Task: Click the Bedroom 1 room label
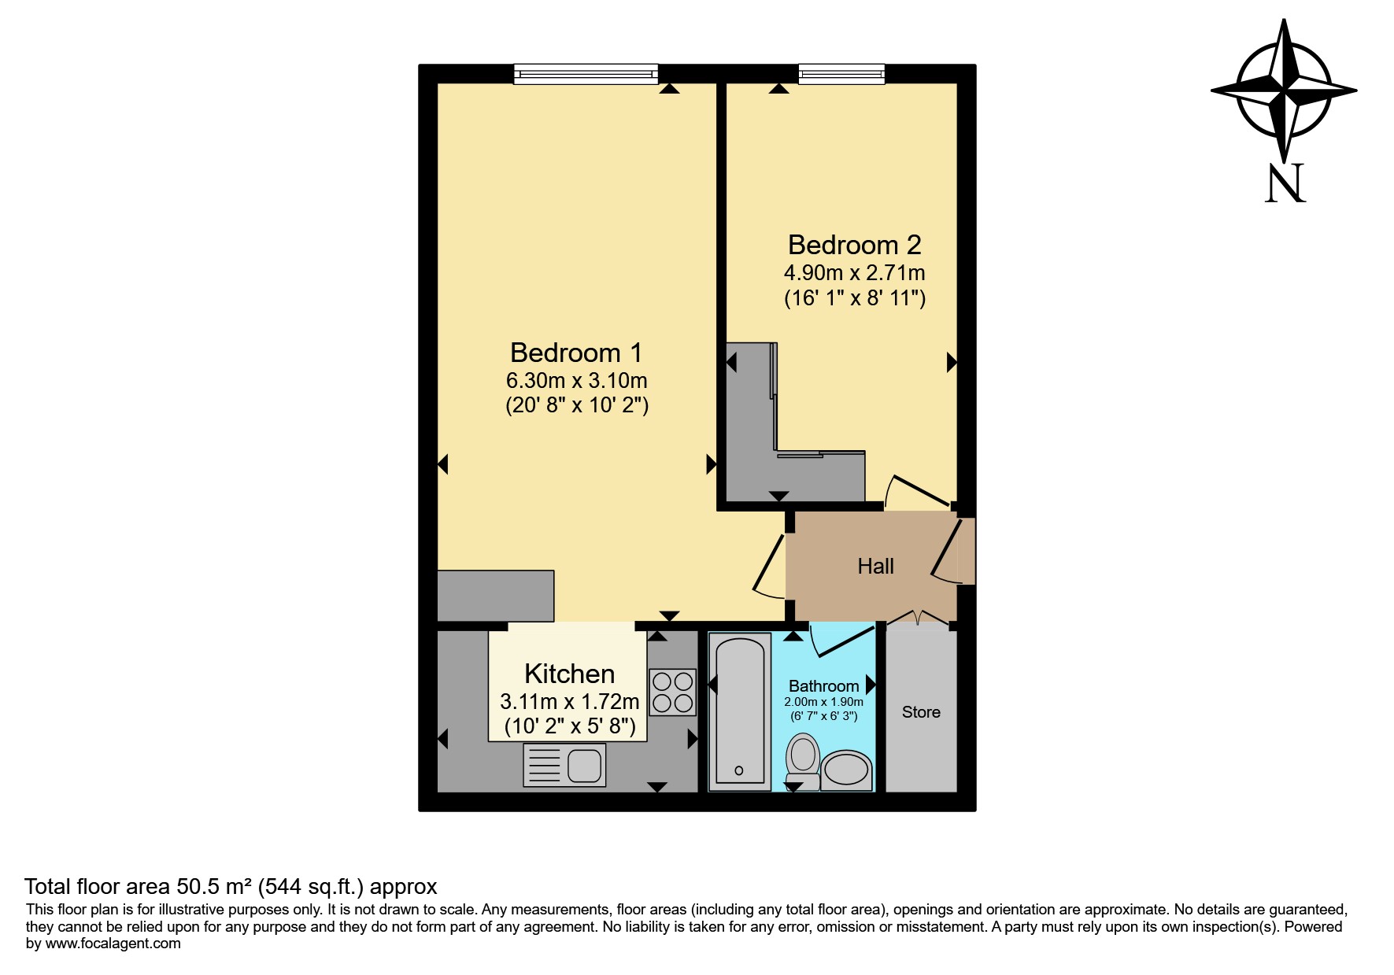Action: coord(576,353)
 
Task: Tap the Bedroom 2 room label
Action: coord(854,245)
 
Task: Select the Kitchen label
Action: coord(569,674)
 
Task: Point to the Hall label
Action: coord(875,566)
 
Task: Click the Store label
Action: coord(921,712)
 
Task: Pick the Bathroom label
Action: coord(823,686)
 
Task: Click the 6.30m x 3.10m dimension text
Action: coord(576,381)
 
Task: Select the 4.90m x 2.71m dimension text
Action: coord(854,273)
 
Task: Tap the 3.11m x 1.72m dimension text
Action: coord(569,701)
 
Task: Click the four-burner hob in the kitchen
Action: coord(672,692)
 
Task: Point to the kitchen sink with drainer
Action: coord(564,765)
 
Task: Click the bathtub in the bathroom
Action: coord(739,711)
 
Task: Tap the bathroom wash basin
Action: coord(846,770)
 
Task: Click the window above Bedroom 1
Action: coord(586,74)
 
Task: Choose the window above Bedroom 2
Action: coord(841,74)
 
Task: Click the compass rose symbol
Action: coord(1284,91)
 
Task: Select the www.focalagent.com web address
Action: coord(113,944)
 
